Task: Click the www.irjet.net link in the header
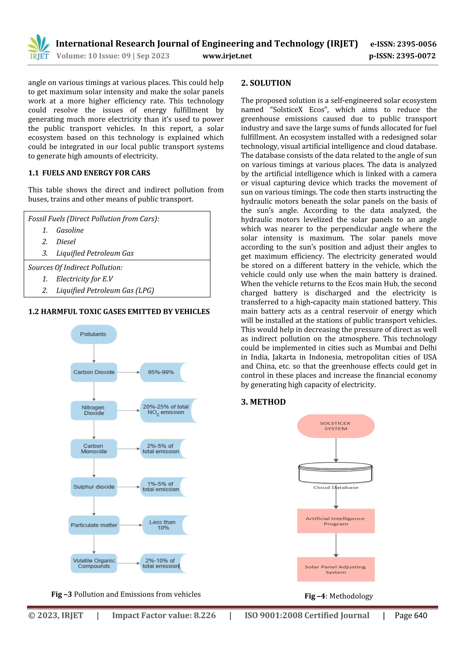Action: point(227,56)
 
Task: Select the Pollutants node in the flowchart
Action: point(93,334)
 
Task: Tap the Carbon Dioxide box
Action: point(94,372)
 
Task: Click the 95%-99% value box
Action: point(161,372)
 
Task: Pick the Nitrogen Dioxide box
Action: point(94,410)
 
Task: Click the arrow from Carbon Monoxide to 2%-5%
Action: point(128,449)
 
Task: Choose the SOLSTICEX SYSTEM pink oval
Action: point(336,426)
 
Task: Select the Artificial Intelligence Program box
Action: point(336,521)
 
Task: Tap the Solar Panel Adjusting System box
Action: point(336,569)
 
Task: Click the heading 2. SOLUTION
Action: point(266,83)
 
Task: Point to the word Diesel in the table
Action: point(66,242)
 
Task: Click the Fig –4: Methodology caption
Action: point(338,596)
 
